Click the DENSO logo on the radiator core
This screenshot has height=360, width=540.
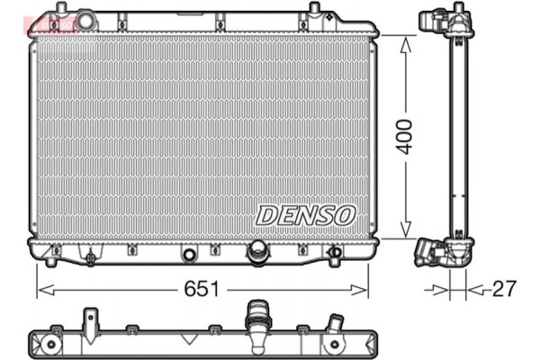click(306, 214)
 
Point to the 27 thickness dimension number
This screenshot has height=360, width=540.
click(503, 290)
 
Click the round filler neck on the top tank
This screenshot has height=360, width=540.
click(85, 19)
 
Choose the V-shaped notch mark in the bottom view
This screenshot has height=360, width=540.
click(188, 340)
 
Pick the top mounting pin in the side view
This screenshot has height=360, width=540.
click(459, 8)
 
